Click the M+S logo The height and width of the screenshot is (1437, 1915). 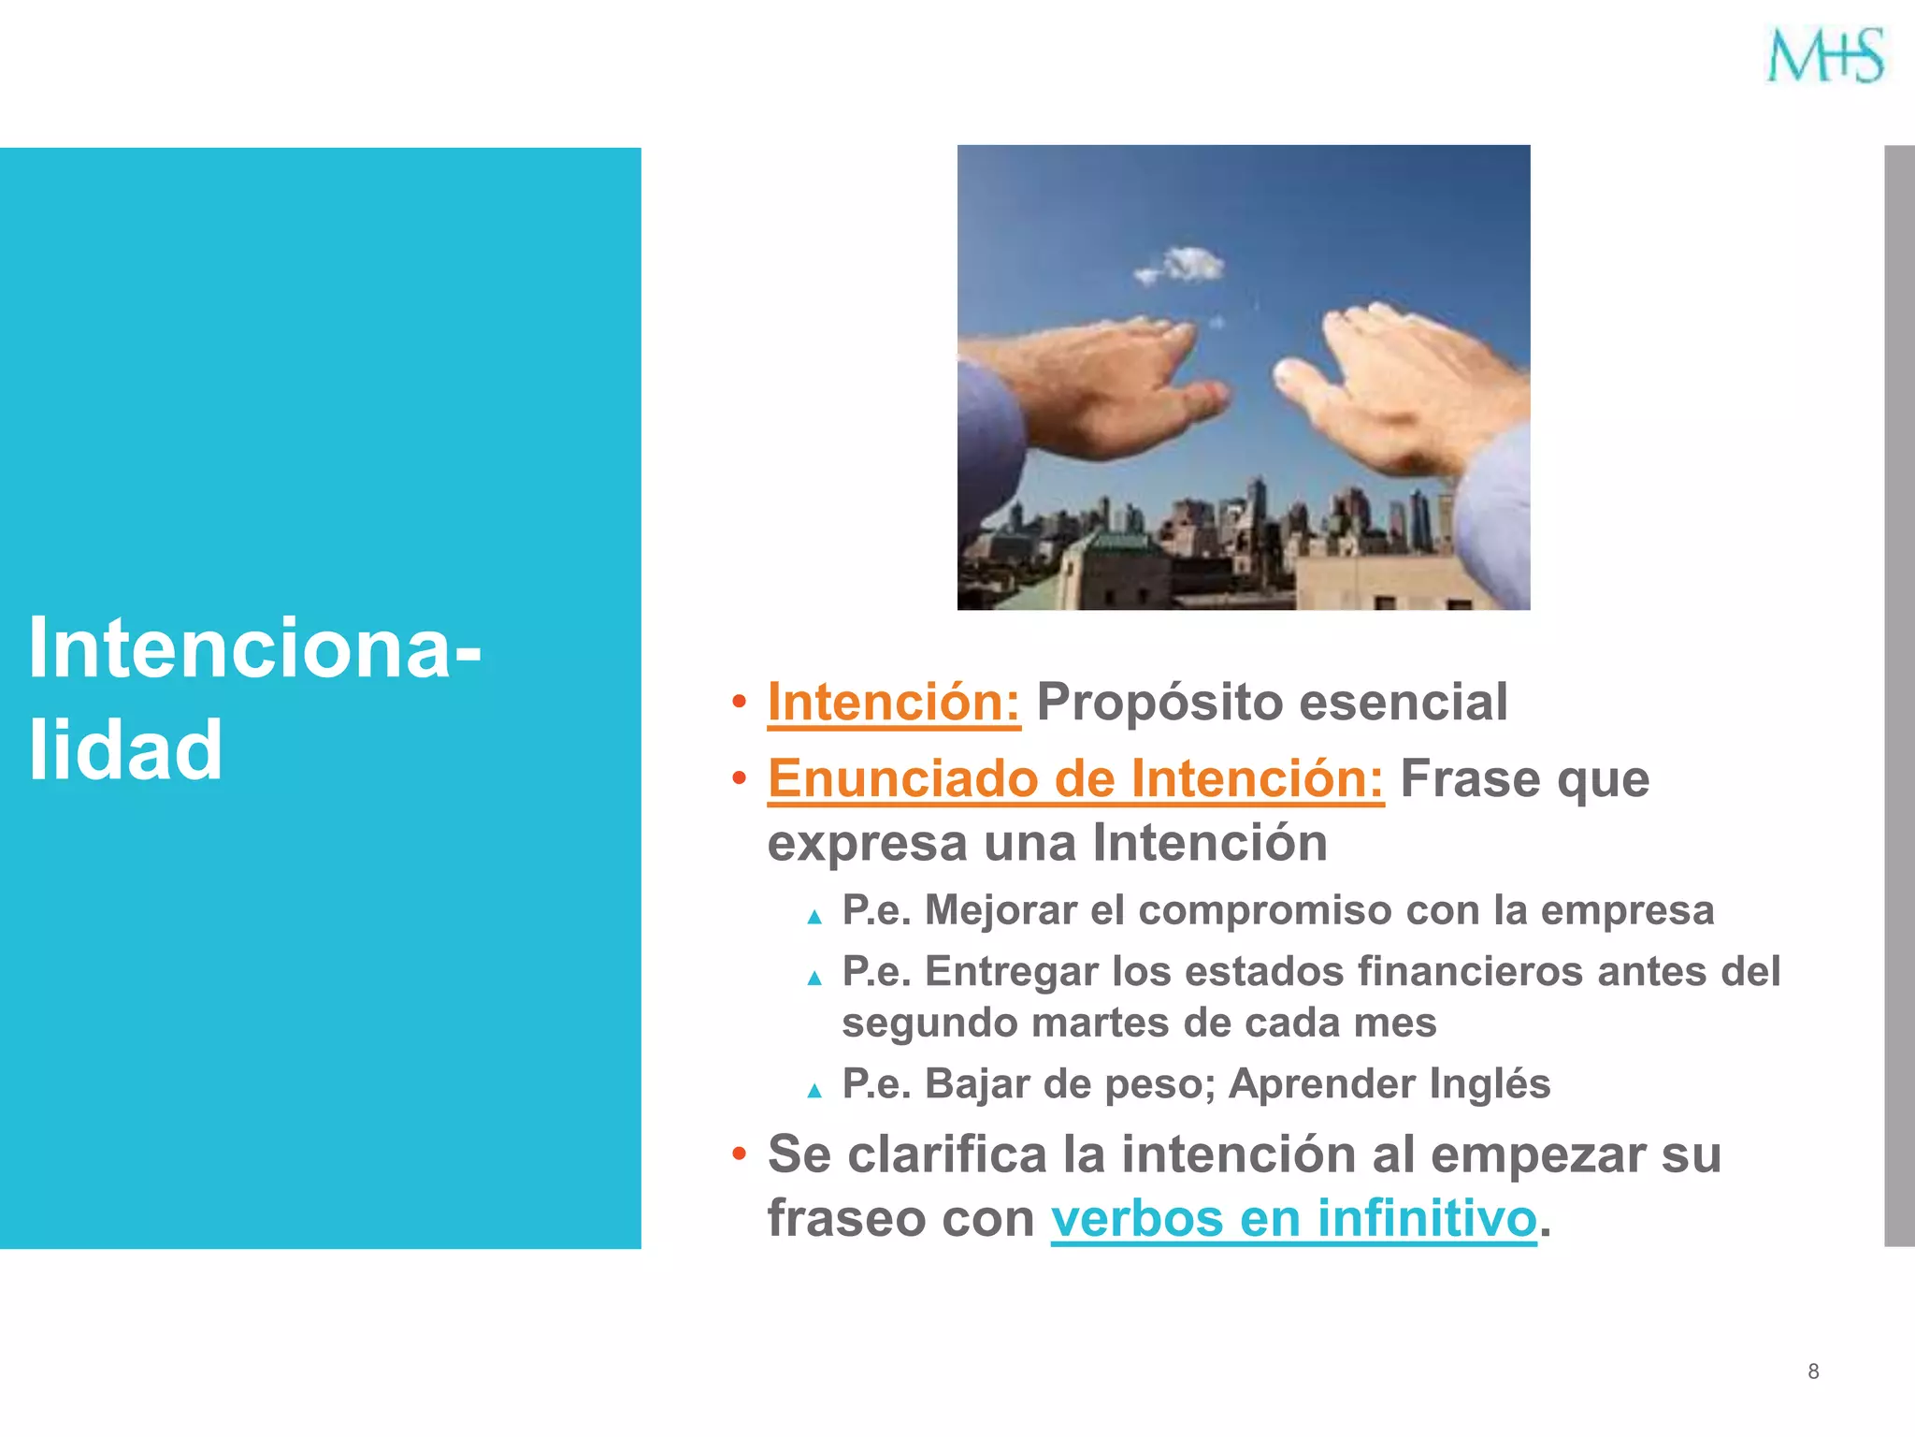pyautogui.click(x=1824, y=55)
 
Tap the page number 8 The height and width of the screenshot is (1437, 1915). pyautogui.click(x=1813, y=1372)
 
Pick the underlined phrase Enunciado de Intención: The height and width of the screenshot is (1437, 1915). pyautogui.click(x=1075, y=778)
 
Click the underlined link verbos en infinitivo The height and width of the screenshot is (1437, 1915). pyautogui.click(x=1293, y=1218)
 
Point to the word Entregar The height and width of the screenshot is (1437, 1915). pyautogui.click(x=1011, y=971)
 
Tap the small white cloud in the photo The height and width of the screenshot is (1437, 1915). pyautogui.click(x=1183, y=265)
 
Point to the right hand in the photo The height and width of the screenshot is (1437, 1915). pyautogui.click(x=1403, y=384)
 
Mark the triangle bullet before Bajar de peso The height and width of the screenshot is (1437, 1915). pyautogui.click(x=814, y=1090)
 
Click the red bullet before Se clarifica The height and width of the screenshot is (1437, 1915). pyautogui.click(x=739, y=1154)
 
